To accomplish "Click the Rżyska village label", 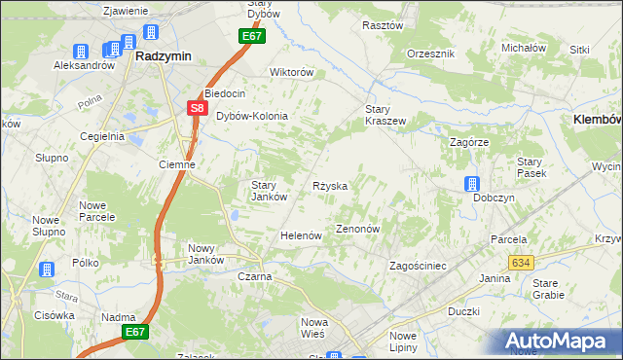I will tap(330, 185).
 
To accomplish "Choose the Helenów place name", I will tap(301, 235).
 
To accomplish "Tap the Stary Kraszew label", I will tap(385, 115).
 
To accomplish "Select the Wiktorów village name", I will tap(291, 72).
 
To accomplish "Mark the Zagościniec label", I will tap(417, 266).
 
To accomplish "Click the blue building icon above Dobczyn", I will tap(472, 184).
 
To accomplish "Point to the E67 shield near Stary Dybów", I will tap(251, 36).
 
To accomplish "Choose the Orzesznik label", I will tap(431, 53).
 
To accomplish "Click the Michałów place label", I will tap(523, 47).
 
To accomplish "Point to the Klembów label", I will tap(592, 117).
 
